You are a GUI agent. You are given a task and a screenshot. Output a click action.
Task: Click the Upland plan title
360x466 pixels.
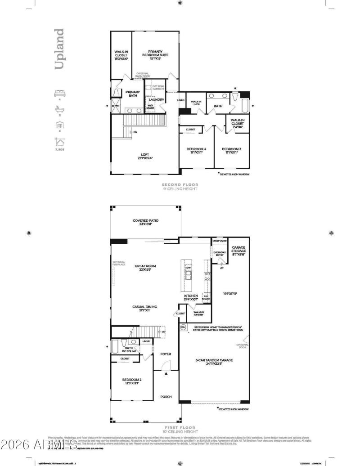59,49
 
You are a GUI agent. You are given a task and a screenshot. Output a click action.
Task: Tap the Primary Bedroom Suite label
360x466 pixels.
155,54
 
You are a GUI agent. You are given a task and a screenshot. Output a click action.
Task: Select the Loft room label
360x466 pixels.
145,156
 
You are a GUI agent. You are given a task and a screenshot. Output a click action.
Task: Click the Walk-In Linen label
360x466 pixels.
196,103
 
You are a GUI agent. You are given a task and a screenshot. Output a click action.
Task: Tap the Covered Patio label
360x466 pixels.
146,222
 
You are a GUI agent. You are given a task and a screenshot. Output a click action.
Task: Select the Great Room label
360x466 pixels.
145,268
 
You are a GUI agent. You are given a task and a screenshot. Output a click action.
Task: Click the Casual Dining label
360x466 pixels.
145,308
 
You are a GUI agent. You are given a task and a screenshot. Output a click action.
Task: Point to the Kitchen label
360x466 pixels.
191,297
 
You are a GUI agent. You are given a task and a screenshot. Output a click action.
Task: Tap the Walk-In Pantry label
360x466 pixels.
199,314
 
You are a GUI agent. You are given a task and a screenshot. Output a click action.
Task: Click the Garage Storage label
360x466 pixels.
238,251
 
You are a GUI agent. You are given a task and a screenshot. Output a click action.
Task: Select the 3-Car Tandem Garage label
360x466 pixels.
214,361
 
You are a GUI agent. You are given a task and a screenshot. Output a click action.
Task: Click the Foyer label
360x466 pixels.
166,354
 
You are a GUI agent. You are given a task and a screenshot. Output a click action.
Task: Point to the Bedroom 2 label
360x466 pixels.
132,381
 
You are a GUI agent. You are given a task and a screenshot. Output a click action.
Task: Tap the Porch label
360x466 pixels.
166,397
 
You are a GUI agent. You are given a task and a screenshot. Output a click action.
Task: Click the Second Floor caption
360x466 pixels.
180,186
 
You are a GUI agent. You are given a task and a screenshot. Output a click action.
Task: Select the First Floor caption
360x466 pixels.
180,430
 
